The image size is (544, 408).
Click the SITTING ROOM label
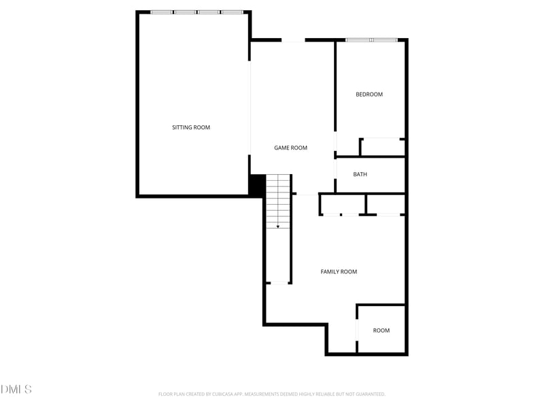coord(190,127)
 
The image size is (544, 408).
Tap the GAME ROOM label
coord(290,148)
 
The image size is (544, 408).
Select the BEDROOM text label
coord(369,95)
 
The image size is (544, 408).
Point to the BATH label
coord(360,175)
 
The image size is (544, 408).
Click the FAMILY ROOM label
coord(339,272)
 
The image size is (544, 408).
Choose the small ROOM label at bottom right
coord(381,330)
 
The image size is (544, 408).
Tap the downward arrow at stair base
coord(277,226)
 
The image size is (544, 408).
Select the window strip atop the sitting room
coord(197,12)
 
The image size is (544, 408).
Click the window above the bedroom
coord(371,40)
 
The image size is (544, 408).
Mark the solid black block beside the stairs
coord(257,186)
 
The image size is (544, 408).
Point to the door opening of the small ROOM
coord(357,329)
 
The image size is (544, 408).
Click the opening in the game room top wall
coord(293,41)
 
